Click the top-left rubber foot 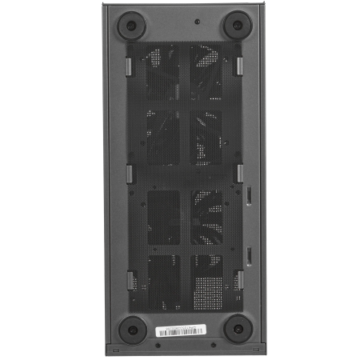130,25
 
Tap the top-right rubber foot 236,25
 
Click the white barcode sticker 182,330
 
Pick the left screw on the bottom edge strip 158,346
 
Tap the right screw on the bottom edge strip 212,346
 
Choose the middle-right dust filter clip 238,172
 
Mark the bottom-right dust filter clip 238,279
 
